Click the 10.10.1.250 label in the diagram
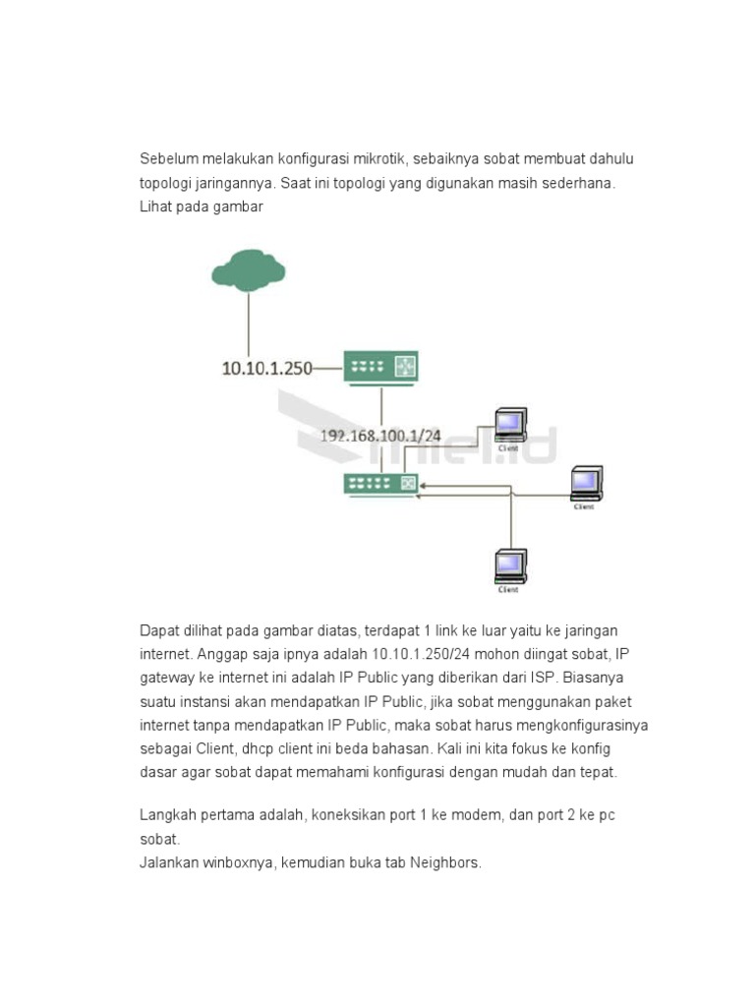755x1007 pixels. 266,369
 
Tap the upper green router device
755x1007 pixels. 380,368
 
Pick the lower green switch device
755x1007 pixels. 380,484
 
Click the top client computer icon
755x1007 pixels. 509,424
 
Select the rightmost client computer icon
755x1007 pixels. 586,482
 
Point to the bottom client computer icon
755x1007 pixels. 509,565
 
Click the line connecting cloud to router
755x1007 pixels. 248,325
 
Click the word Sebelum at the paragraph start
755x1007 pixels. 168,159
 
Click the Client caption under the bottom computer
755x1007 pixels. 508,590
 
